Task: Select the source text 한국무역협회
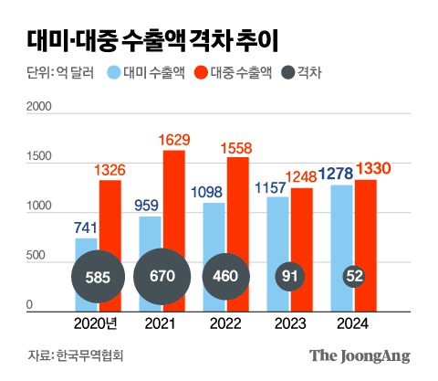(x=93, y=355)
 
